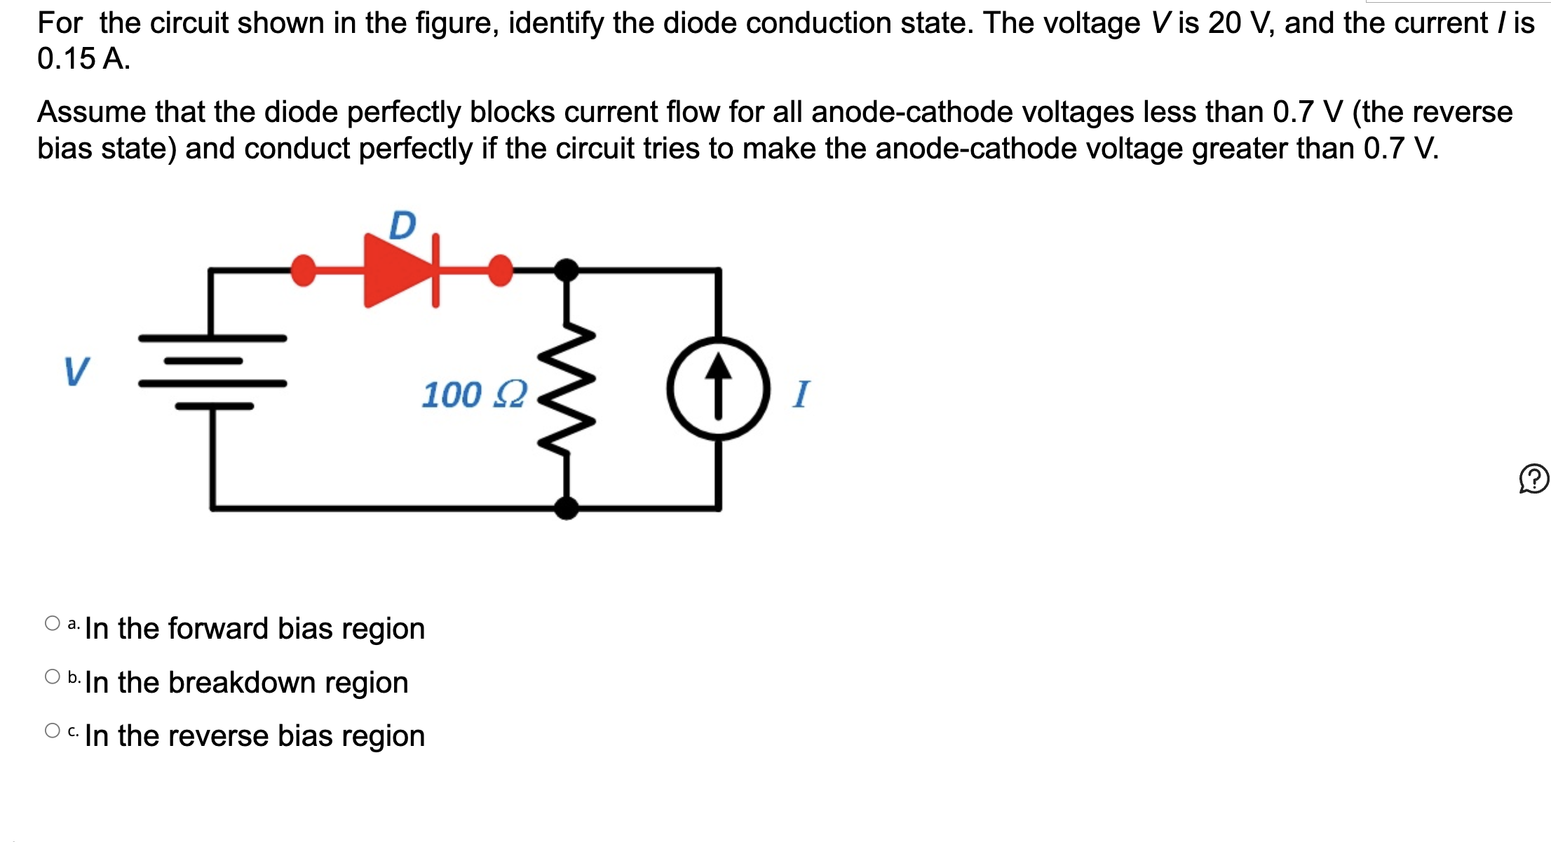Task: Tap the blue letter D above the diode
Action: tap(402, 225)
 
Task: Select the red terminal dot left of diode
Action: tap(303, 271)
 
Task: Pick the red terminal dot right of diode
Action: tap(500, 271)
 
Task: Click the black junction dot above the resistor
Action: tap(567, 270)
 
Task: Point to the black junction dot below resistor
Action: tap(567, 507)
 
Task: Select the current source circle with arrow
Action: tap(718, 388)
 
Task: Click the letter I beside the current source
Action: tap(801, 394)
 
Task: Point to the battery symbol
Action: tap(212, 372)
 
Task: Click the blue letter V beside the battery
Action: tap(76, 372)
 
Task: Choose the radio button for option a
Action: tap(53, 623)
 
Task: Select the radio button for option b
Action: tap(53, 677)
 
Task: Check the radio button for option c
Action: tap(53, 731)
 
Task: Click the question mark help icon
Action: tap(1533, 480)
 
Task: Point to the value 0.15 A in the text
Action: tap(83, 59)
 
